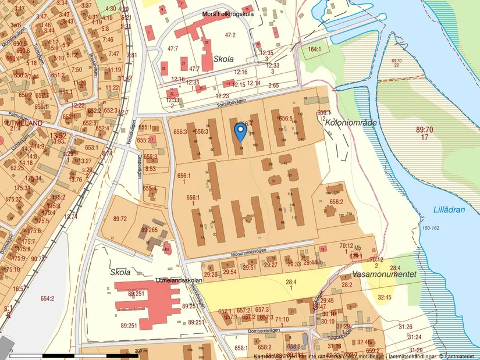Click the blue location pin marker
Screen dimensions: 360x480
point(240,131)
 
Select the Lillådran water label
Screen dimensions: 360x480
point(450,210)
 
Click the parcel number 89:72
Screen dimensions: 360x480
point(120,219)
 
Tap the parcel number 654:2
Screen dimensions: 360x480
point(47,298)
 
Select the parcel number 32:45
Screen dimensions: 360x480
point(385,297)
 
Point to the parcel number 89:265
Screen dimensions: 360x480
point(150,230)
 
